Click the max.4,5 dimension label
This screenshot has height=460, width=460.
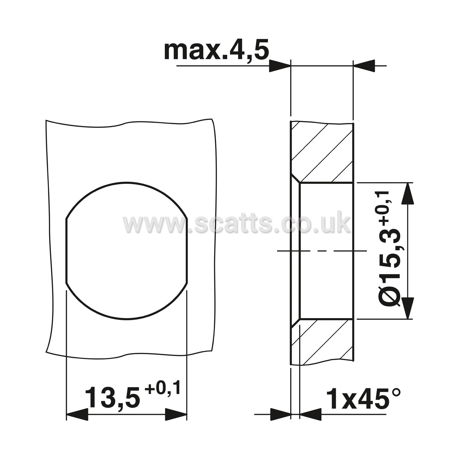216,50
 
